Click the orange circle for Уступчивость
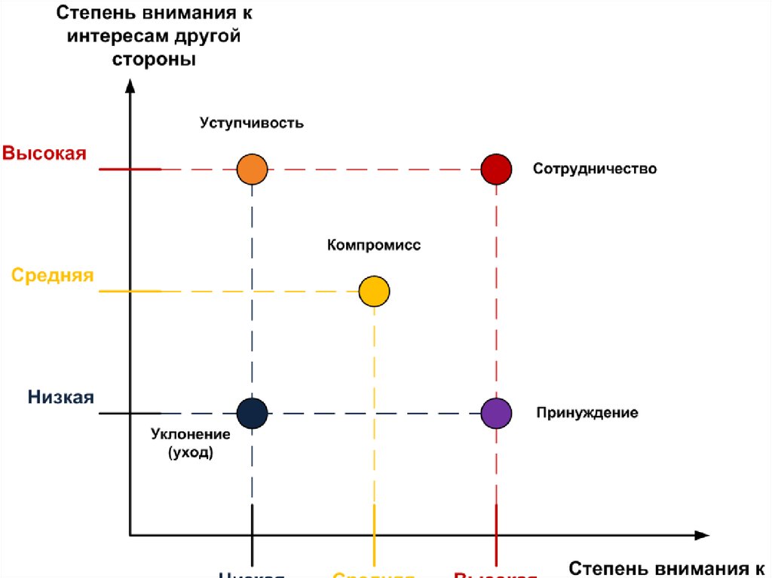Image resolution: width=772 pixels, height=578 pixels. click(x=252, y=169)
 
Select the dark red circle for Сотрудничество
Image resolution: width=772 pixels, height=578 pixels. click(x=496, y=169)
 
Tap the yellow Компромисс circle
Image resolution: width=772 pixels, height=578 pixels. click(x=374, y=291)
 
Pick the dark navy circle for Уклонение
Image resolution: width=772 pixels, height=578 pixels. click(x=252, y=413)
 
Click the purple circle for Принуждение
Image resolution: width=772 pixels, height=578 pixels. click(x=496, y=413)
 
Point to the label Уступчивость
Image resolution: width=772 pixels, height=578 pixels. click(x=252, y=123)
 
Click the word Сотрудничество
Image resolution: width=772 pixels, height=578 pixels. click(x=595, y=169)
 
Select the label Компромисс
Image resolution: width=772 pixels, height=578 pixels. click(x=374, y=246)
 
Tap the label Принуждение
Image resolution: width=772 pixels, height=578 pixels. click(x=587, y=413)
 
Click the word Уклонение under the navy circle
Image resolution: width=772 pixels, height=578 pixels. click(x=190, y=436)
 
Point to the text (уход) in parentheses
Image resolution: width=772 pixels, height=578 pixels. click(x=190, y=453)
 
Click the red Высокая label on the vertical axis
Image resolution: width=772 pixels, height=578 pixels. click(x=44, y=154)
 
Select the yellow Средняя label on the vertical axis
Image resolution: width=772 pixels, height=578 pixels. click(x=53, y=275)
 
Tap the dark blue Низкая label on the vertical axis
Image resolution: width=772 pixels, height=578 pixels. click(x=61, y=397)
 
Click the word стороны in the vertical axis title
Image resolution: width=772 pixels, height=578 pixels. click(x=154, y=60)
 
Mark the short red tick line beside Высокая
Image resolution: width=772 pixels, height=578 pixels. click(x=130, y=169)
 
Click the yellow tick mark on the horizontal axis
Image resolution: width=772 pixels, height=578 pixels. click(x=374, y=521)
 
